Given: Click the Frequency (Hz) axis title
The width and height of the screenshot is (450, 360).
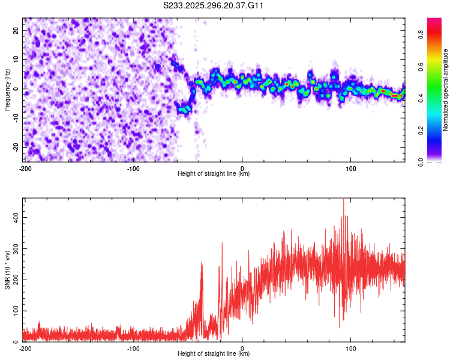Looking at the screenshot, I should point(7,90).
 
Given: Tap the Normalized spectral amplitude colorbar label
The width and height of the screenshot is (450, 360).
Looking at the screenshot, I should point(446,90).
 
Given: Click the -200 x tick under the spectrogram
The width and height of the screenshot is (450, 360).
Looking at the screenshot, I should point(25,169).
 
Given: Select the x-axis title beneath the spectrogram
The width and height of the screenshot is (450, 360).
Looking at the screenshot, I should point(214,174).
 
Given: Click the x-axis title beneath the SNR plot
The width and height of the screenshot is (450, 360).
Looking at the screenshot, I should point(214,354).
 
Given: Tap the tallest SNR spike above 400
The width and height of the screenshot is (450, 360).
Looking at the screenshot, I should point(343,200).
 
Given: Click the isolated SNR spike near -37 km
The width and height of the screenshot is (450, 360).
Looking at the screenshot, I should point(202,264).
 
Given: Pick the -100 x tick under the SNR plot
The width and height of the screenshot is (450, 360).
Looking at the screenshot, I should point(133,349).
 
